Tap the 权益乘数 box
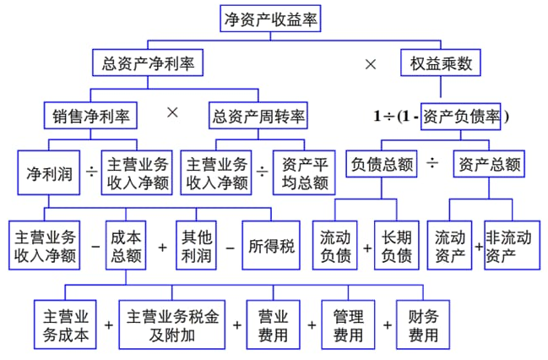point(440,63)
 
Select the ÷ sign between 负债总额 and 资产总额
point(432,163)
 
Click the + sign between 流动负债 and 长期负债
point(367,248)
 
